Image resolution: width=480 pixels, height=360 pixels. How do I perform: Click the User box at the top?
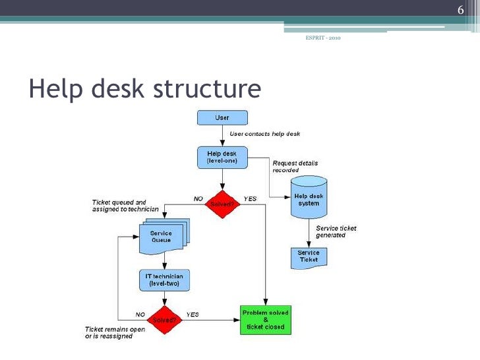tap(222, 118)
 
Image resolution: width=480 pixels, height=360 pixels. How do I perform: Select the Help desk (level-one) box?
tap(222, 157)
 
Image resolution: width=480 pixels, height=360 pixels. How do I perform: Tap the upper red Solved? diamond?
tap(222, 204)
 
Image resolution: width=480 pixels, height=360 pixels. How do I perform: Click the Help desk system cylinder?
tap(309, 197)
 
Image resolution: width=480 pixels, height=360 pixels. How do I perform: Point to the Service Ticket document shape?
tap(309, 256)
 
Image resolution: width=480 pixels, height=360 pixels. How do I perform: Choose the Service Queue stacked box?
tap(161, 237)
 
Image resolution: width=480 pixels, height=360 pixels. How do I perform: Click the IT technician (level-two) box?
tap(165, 280)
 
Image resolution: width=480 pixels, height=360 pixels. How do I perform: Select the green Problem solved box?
tap(265, 320)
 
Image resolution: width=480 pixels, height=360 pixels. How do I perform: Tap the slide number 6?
tap(461, 9)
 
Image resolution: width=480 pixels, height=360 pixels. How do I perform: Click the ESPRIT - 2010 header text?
tap(323, 37)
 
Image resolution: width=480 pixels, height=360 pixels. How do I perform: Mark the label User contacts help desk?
tap(264, 134)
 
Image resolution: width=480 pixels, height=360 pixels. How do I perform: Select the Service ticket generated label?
tap(336, 232)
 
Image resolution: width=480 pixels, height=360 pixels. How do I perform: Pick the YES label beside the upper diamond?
tap(250, 198)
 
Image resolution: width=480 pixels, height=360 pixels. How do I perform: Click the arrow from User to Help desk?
tap(222, 136)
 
